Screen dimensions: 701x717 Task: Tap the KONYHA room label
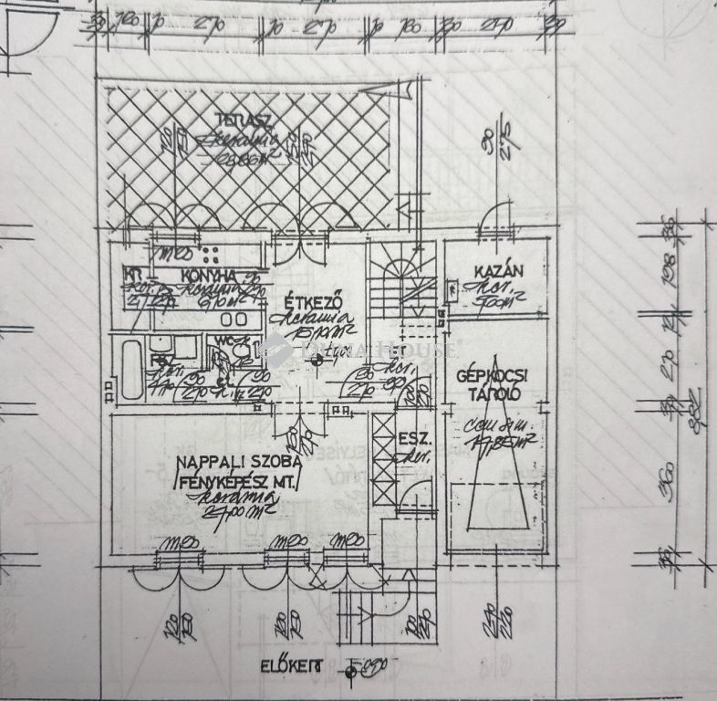(x=209, y=275)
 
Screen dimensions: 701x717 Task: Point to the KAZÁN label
(x=498, y=271)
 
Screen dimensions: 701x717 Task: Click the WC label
(x=219, y=342)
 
